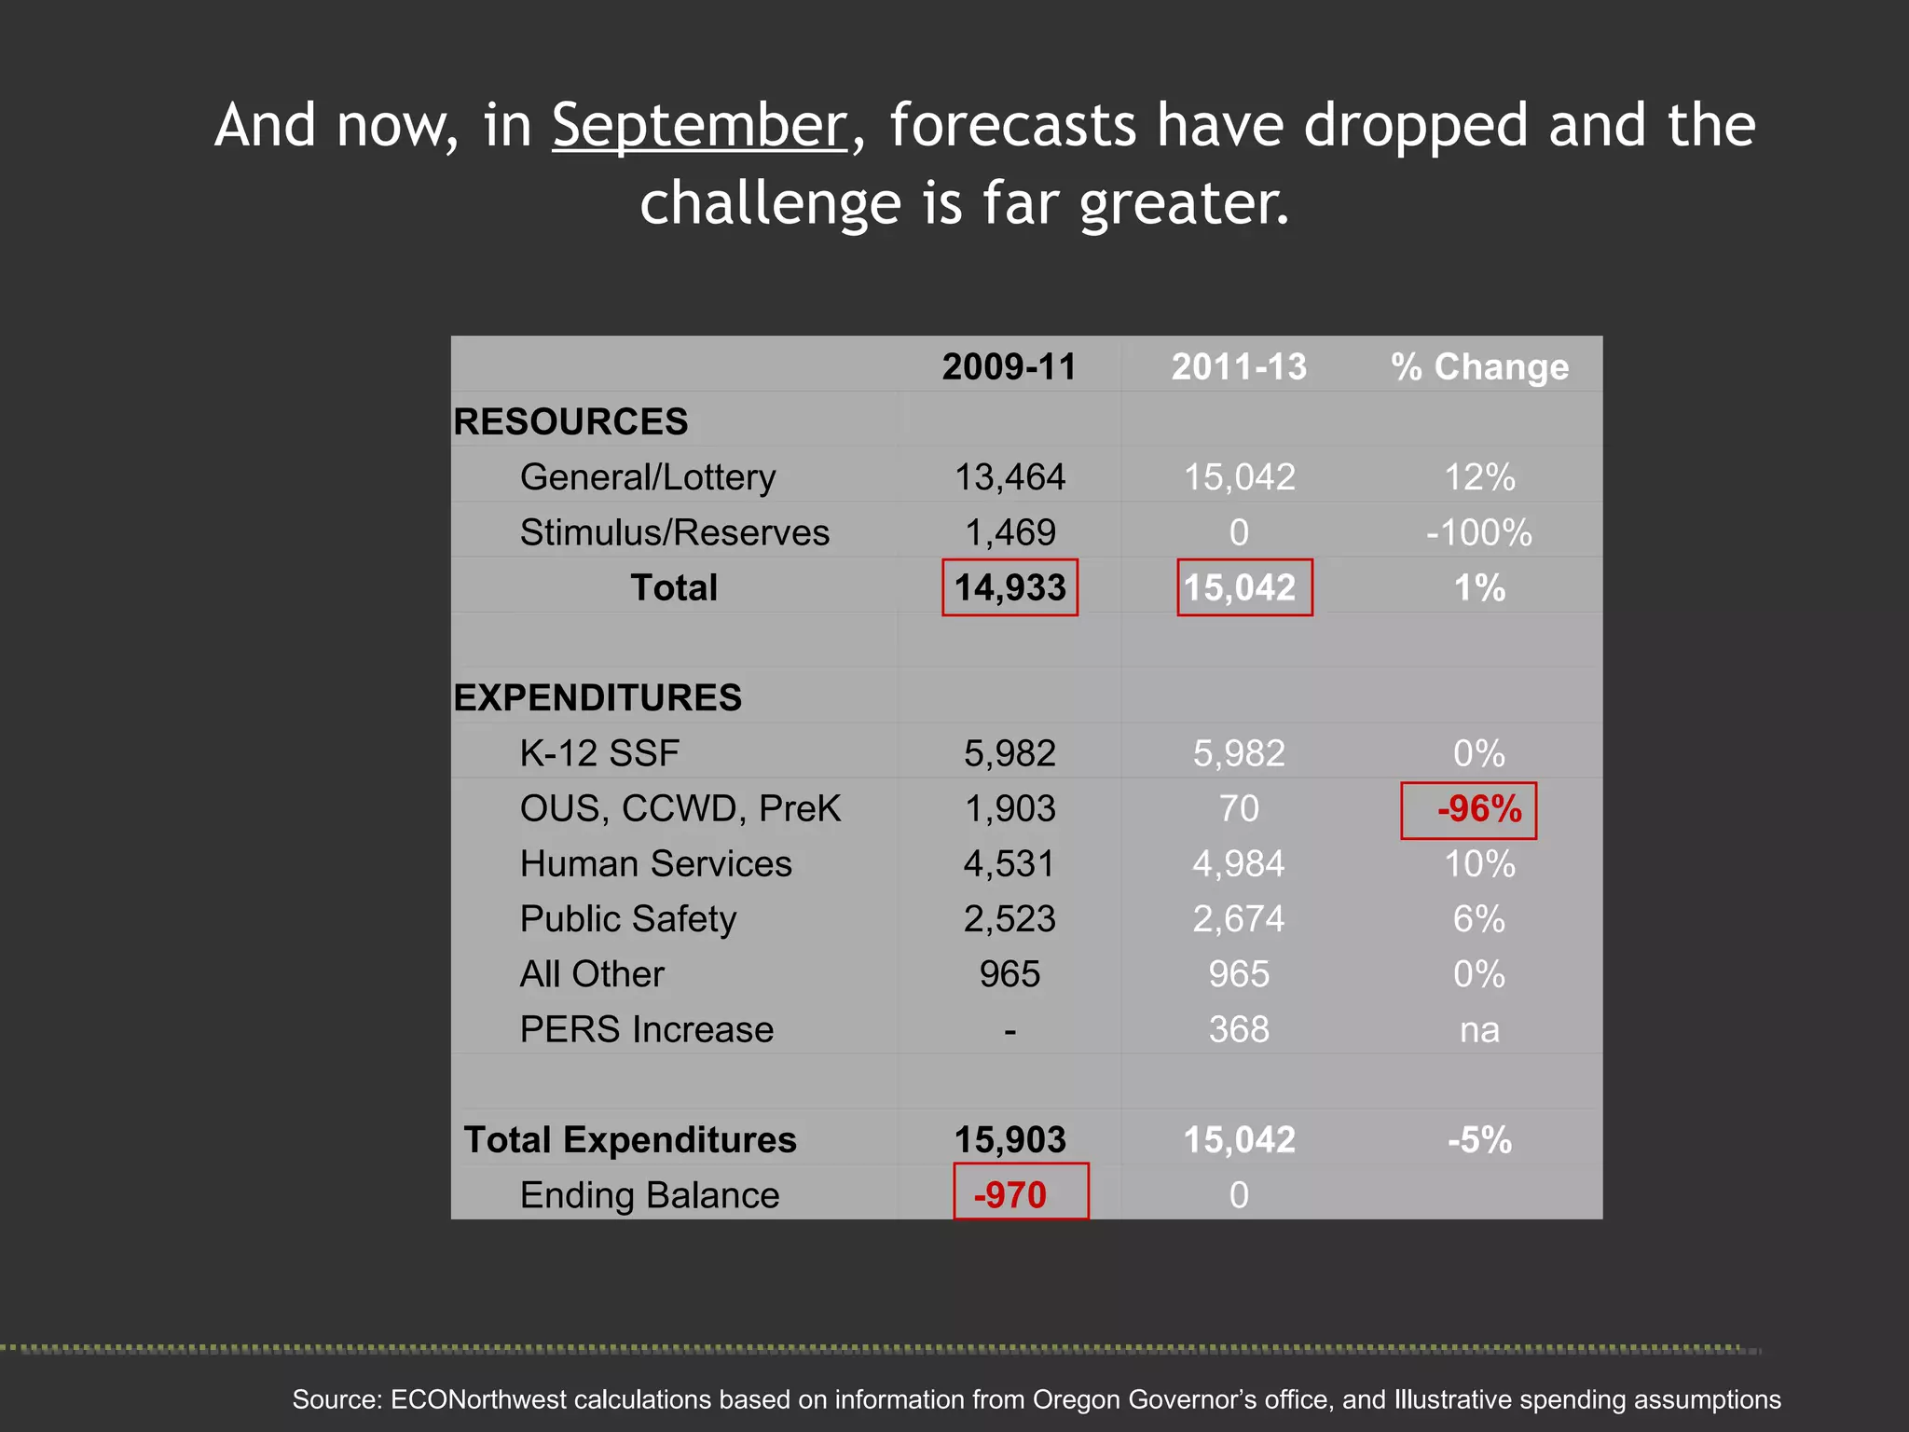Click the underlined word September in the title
(x=699, y=126)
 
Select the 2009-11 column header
(x=1009, y=366)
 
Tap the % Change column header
(x=1479, y=366)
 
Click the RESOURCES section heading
(x=570, y=421)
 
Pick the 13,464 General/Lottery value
(x=1009, y=477)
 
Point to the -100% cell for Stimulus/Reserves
(x=1479, y=532)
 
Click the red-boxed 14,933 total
(x=1009, y=587)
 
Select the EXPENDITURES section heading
(x=597, y=697)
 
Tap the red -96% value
(x=1478, y=808)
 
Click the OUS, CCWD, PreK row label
(x=680, y=808)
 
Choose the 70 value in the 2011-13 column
(x=1239, y=808)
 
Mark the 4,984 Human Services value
(x=1239, y=863)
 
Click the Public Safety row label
(x=628, y=919)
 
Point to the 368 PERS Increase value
(x=1239, y=1029)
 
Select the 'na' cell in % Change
(x=1479, y=1029)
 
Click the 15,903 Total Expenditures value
(x=1009, y=1139)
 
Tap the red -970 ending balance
(x=1010, y=1194)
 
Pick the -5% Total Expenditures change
(x=1479, y=1139)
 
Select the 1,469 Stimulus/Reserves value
(x=1009, y=532)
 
